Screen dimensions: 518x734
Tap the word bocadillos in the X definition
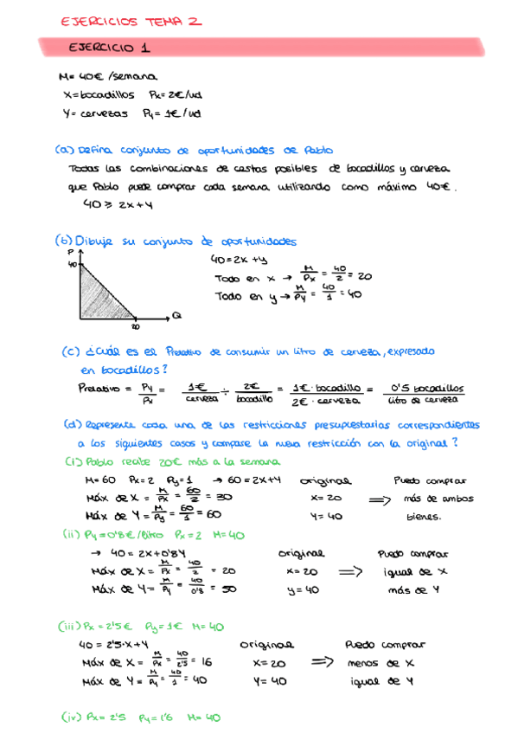coord(107,95)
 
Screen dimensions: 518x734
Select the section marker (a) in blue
coord(64,148)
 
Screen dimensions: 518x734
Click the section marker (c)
coord(71,352)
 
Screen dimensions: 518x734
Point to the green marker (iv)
coord(72,718)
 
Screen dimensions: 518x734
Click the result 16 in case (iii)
coord(204,661)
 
